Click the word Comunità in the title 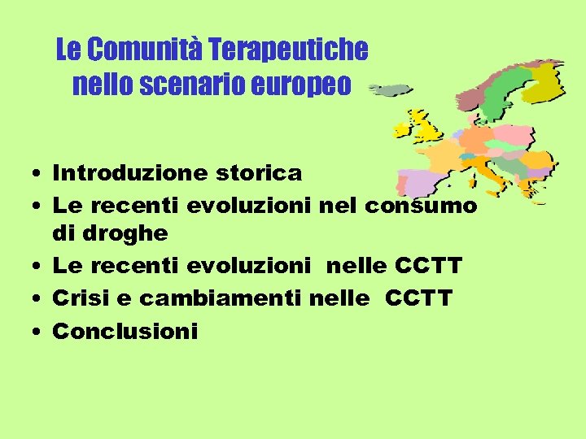tap(144, 50)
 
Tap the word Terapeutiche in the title tap(288, 50)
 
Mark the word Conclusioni tap(125, 331)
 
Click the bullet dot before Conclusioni tap(37, 332)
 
